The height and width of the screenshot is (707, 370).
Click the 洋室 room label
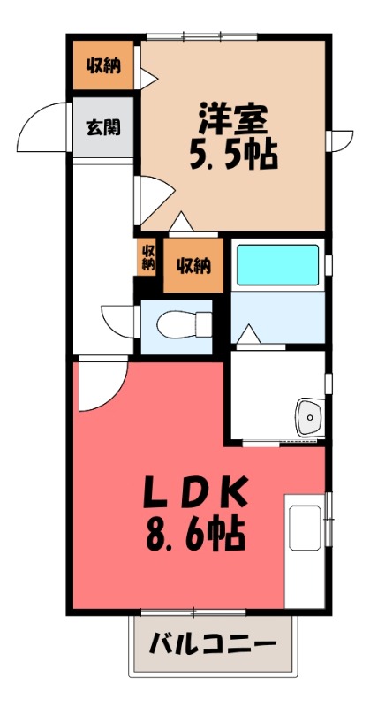point(233,118)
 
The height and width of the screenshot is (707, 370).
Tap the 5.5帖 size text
point(233,156)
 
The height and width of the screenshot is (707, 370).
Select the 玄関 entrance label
point(103,127)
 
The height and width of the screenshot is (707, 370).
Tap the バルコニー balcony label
point(212,643)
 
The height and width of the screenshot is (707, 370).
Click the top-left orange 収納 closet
point(103,65)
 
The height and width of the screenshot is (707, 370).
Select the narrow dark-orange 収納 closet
point(147,257)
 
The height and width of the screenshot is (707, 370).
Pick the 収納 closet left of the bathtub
point(193,264)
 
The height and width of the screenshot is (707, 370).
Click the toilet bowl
point(175,327)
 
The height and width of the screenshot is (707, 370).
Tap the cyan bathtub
point(278,264)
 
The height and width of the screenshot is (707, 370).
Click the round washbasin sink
point(310,414)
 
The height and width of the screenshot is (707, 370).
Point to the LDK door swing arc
point(95,389)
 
